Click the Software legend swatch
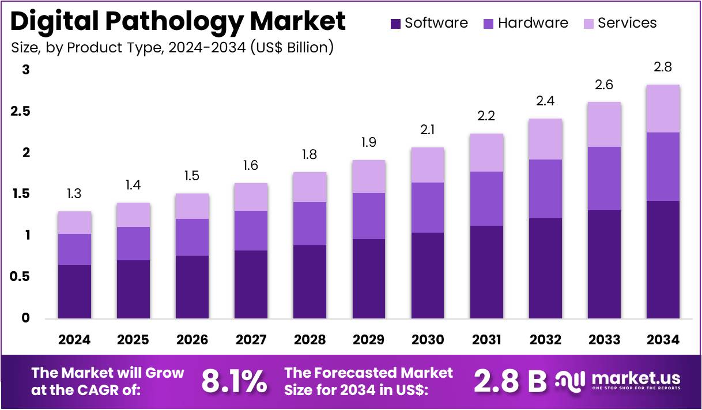(x=395, y=24)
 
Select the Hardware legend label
(x=533, y=23)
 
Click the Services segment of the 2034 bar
(x=663, y=108)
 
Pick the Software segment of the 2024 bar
(x=74, y=291)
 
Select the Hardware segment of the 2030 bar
(x=428, y=207)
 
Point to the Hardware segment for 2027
(x=251, y=230)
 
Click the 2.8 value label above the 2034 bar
(x=663, y=67)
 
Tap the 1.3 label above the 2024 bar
(x=74, y=193)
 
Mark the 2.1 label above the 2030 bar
(x=428, y=130)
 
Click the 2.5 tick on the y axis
(x=21, y=112)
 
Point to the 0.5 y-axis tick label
(x=21, y=277)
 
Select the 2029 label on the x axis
(x=369, y=340)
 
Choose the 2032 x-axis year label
(x=545, y=340)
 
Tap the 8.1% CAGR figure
(x=234, y=381)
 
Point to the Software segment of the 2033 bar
(x=604, y=264)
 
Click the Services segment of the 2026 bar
(x=192, y=206)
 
